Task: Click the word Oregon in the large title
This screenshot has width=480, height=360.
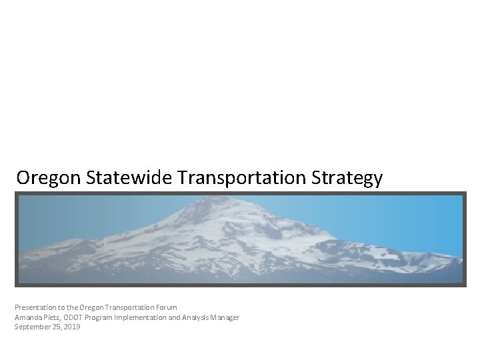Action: (47, 178)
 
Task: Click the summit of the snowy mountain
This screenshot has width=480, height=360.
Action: (200, 200)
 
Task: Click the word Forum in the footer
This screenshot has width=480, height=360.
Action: (166, 307)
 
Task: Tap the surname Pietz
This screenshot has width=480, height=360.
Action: (53, 317)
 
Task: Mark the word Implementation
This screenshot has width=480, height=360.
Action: (143, 317)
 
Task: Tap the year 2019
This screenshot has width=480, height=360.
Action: (71, 327)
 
